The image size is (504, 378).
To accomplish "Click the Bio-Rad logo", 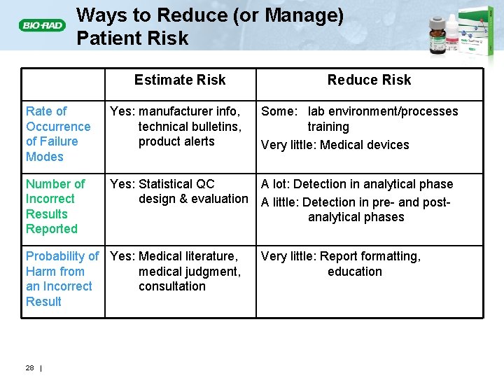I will (42, 26).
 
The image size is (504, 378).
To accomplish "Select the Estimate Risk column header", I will (180, 80).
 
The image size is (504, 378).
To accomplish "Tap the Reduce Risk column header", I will (369, 80).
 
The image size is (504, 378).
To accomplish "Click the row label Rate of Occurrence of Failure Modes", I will (58, 134).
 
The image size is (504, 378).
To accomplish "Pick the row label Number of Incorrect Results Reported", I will (55, 206).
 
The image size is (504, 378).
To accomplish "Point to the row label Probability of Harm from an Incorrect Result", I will (62, 279).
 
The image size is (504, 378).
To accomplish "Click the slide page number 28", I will (29, 368).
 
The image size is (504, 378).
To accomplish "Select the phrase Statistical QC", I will (176, 184).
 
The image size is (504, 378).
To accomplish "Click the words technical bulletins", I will (190, 127).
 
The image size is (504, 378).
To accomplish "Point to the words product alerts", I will (176, 141).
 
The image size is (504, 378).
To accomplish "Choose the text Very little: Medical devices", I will (335, 145).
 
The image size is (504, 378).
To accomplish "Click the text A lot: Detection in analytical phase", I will (357, 184).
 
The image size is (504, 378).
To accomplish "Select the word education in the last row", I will (355, 272).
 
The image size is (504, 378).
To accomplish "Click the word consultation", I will (172, 286).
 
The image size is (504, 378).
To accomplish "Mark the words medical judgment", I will (190, 272).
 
